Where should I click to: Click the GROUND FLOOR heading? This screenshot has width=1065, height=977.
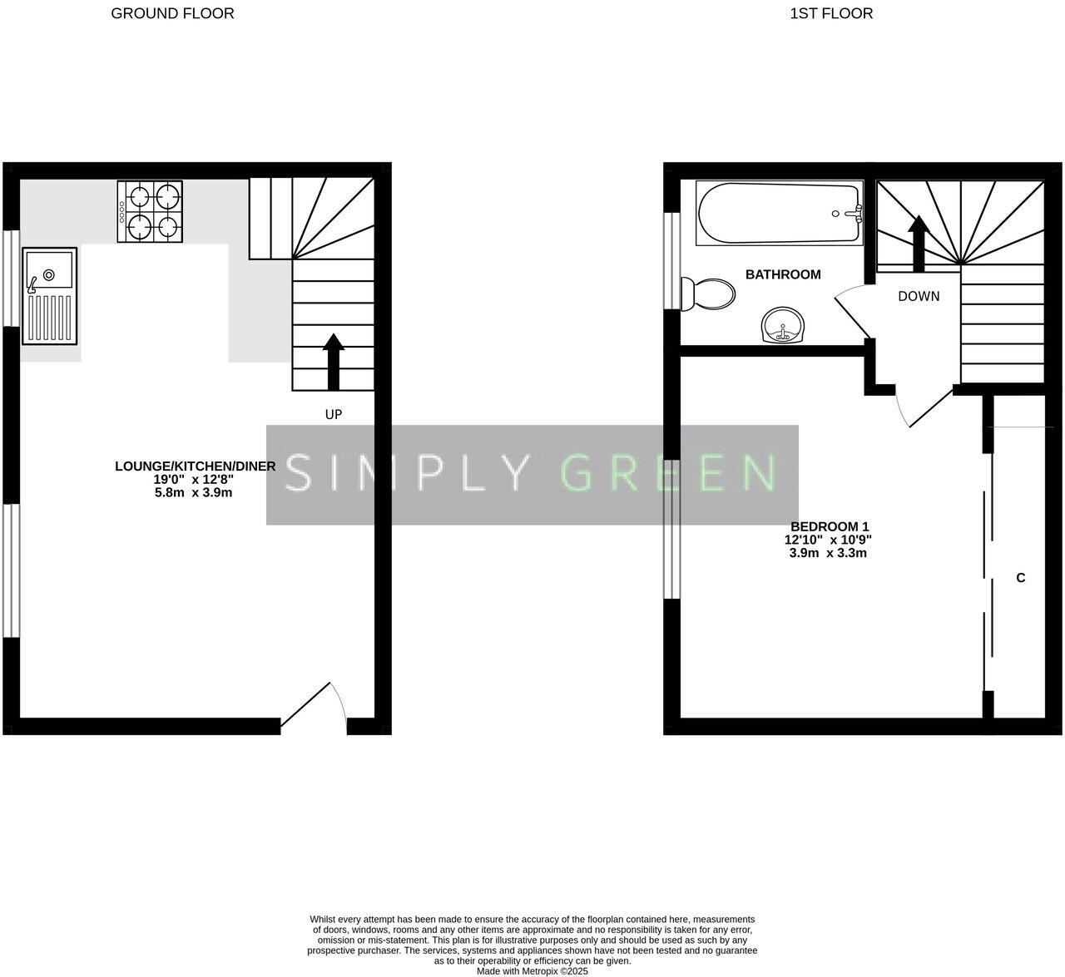[x=172, y=13]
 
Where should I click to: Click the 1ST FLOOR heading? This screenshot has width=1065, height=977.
[x=831, y=13]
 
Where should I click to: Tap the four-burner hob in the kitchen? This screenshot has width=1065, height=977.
[x=150, y=212]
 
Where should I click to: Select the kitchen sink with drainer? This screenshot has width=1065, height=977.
[x=50, y=295]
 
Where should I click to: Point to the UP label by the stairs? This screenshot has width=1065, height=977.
[x=333, y=414]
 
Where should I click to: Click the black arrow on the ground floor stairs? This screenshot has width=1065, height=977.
[x=333, y=361]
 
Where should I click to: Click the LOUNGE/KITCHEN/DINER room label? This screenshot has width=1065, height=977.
[x=195, y=466]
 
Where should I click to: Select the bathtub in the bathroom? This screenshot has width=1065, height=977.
[x=779, y=214]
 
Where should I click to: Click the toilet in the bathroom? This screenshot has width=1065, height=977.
[x=708, y=294]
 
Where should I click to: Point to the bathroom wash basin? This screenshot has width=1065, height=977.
[x=783, y=324]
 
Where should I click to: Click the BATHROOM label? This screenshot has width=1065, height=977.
[x=783, y=274]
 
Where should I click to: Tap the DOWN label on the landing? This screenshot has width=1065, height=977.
[x=919, y=296]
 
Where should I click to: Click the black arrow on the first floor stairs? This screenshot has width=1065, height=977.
[x=919, y=243]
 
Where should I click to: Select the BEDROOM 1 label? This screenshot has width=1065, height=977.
[x=829, y=526]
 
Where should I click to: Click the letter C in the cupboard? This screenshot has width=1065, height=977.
[x=1020, y=578]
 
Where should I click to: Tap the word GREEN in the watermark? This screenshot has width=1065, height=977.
[x=669, y=473]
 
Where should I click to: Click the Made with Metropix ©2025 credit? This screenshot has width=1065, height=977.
[x=532, y=970]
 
